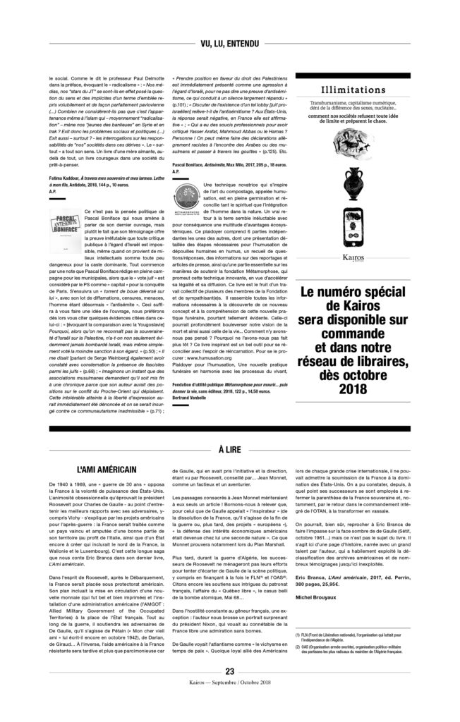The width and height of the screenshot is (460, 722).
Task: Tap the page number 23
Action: [229, 690]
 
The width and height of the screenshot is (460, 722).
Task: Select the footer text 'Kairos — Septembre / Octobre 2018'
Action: [229, 702]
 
